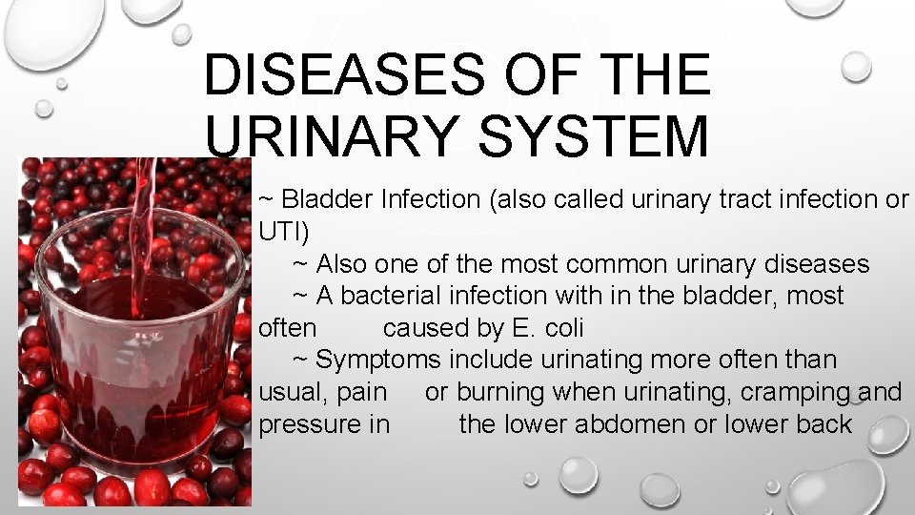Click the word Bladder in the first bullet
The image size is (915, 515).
328,199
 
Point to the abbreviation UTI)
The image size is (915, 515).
284,232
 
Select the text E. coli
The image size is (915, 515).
548,328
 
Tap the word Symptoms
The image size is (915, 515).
379,360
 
